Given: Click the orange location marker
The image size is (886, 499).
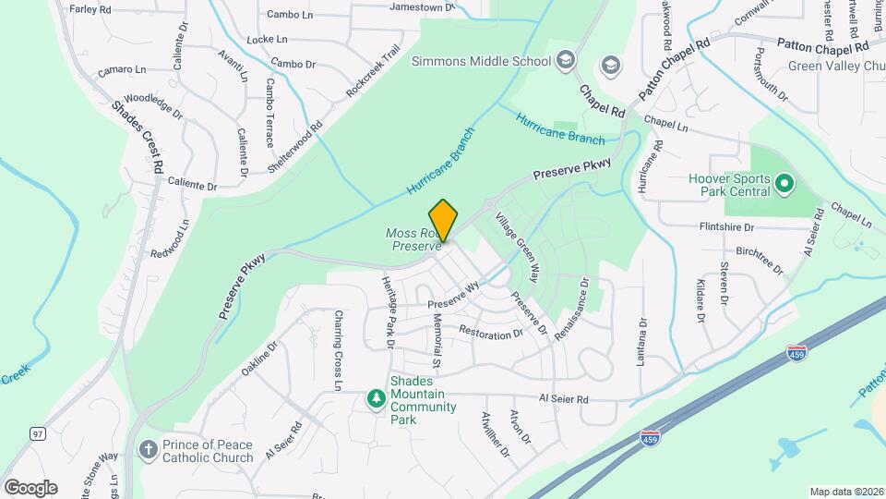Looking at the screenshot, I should (x=444, y=221).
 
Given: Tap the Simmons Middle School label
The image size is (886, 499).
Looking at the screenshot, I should (x=480, y=62).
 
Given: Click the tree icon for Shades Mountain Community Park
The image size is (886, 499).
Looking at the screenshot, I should (x=376, y=398).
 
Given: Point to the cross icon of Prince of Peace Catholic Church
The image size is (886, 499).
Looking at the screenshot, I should (x=147, y=450).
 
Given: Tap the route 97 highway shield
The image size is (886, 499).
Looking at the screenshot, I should (x=37, y=433).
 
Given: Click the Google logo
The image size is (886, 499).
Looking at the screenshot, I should (x=30, y=487).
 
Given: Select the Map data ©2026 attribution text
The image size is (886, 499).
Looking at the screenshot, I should (x=846, y=492).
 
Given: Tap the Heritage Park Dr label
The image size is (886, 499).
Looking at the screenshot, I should (x=389, y=310).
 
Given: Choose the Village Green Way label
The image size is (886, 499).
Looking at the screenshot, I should (x=517, y=247).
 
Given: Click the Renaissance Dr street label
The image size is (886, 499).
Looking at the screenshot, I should (x=572, y=310).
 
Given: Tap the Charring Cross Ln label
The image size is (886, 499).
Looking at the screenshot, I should (x=339, y=349).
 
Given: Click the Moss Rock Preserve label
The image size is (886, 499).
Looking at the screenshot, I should (x=415, y=240).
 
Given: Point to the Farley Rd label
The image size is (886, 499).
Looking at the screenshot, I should (x=90, y=9).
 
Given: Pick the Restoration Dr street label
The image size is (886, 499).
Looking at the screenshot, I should (x=490, y=332).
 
